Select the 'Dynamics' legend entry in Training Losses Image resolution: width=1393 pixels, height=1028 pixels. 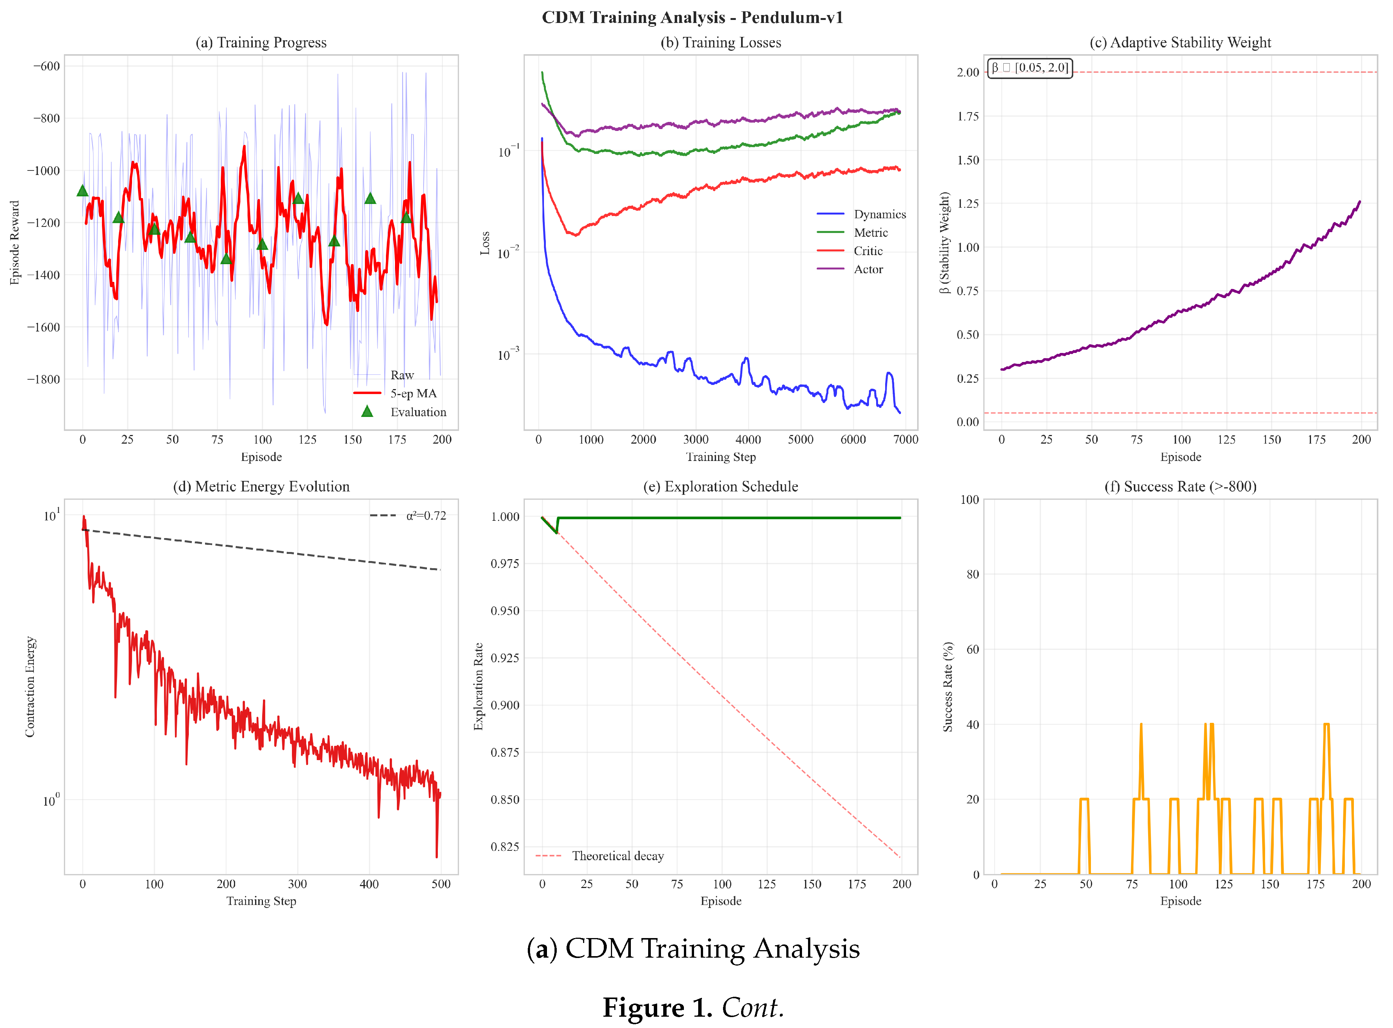(x=878, y=214)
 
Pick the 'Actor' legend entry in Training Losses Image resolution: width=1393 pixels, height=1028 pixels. (x=868, y=269)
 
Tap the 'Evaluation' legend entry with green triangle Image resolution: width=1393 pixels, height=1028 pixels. (x=418, y=412)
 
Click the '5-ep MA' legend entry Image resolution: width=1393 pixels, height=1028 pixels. (x=413, y=393)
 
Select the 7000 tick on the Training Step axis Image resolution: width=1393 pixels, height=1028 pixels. (x=905, y=440)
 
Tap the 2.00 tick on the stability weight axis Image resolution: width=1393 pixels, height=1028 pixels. (x=968, y=72)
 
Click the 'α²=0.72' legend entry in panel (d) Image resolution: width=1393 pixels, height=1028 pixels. (x=425, y=516)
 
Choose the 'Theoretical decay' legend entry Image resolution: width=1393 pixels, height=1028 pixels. (x=617, y=856)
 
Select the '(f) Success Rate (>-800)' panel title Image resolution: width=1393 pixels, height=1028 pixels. (x=1180, y=487)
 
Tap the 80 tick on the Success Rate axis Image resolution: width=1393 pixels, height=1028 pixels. (x=972, y=574)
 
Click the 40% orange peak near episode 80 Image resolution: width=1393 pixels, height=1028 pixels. (x=1141, y=725)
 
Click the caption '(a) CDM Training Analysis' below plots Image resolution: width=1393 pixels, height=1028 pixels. (x=693, y=949)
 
